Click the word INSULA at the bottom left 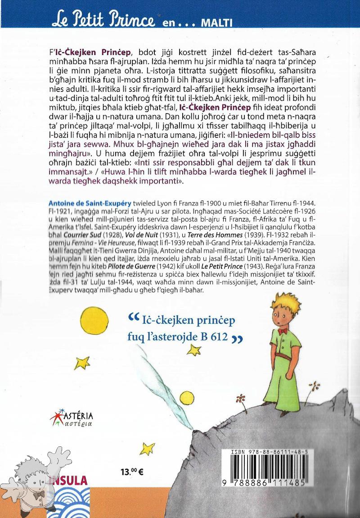tap(68, 479)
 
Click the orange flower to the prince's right tap(316, 386)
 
